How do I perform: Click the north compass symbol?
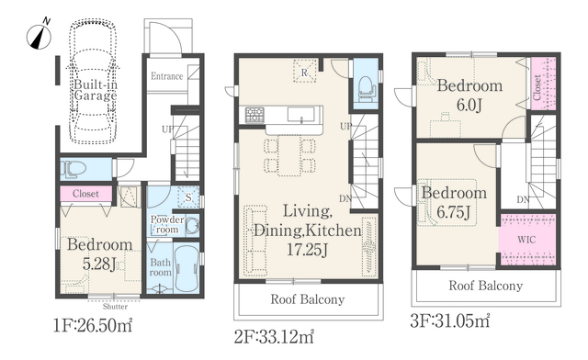(x=39, y=35)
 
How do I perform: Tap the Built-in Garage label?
(x=96, y=90)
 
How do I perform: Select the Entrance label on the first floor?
(x=167, y=76)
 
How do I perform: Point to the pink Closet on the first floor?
(x=85, y=194)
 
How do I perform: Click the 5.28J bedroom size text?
(x=99, y=264)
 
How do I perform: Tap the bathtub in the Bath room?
(x=187, y=268)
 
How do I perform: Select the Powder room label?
(x=167, y=224)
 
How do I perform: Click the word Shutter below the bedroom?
(x=115, y=307)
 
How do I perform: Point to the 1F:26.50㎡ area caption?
(x=93, y=325)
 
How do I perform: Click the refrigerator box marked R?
(x=304, y=72)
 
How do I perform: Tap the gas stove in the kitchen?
(x=254, y=115)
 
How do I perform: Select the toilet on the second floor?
(x=367, y=88)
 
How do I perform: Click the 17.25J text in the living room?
(x=308, y=250)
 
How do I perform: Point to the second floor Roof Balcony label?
(x=308, y=299)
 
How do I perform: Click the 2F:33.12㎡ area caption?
(x=274, y=337)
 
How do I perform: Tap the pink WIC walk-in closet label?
(x=526, y=240)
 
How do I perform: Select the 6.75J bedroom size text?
(x=453, y=212)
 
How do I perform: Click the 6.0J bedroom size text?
(x=469, y=106)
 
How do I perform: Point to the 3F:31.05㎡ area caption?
(x=450, y=321)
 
